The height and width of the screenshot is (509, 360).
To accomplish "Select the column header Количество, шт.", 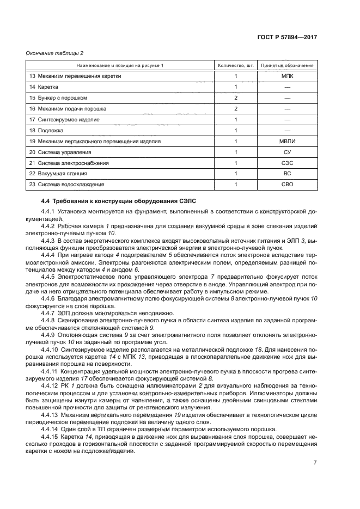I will coord(235,65).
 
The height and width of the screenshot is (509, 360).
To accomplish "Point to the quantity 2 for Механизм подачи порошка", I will coord(235,109).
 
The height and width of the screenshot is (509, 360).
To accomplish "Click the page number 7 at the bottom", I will coord(314,463).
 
